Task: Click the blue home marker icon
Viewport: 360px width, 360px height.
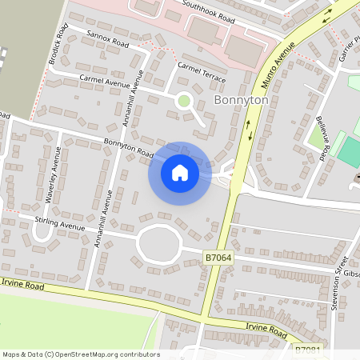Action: [179, 173]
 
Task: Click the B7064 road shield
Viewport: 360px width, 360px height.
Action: [218, 258]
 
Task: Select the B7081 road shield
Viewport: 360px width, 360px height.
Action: [307, 350]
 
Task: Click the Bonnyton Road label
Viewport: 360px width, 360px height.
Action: [128, 147]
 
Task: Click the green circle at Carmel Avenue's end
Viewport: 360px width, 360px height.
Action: [184, 101]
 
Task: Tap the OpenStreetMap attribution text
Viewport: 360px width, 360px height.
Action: [80, 354]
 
